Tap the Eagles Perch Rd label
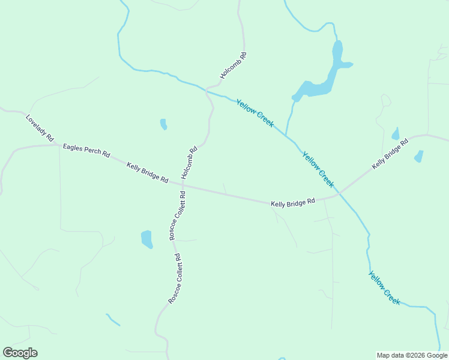click(86, 151)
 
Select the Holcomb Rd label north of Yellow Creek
click(234, 65)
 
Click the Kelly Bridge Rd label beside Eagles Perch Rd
click(147, 172)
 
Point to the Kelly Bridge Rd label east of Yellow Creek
click(390, 154)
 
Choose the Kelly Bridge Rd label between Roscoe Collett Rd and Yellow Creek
click(293, 203)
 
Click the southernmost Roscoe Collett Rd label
click(174, 278)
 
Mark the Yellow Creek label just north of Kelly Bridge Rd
click(318, 169)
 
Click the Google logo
click(20, 353)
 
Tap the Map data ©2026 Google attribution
click(412, 355)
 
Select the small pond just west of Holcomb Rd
click(163, 124)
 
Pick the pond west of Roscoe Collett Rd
click(146, 239)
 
